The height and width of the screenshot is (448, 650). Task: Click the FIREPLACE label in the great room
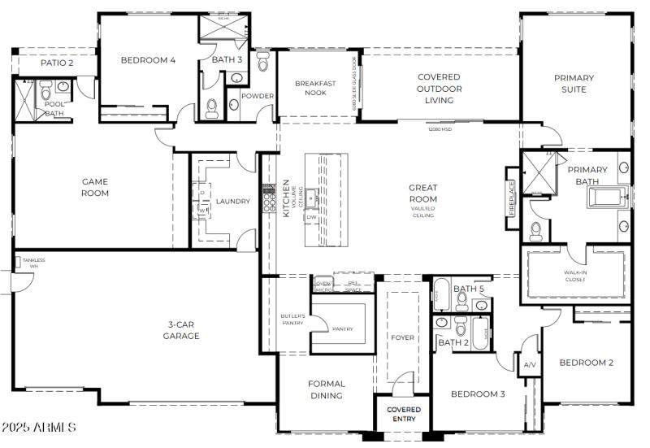pyautogui.click(x=512, y=198)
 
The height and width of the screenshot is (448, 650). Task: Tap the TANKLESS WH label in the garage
pyautogui.click(x=34, y=263)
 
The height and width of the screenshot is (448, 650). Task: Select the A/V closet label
pyautogui.click(x=530, y=365)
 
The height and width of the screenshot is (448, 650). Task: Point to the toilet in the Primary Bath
pyautogui.click(x=535, y=232)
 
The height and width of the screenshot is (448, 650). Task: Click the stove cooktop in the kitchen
pyautogui.click(x=268, y=198)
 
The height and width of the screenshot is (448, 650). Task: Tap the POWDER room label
pyautogui.click(x=258, y=96)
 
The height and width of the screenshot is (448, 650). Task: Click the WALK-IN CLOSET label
pyautogui.click(x=575, y=276)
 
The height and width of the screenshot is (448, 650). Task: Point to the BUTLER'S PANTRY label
pyautogui.click(x=292, y=319)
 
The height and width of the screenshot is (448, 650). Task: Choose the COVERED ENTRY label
pyautogui.click(x=403, y=414)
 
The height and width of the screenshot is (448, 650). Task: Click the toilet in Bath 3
pyautogui.click(x=212, y=107)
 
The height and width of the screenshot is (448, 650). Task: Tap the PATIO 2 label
pyautogui.click(x=57, y=63)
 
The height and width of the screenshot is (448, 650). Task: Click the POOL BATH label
pyautogui.click(x=54, y=109)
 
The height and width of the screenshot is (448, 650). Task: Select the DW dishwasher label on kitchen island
pyautogui.click(x=311, y=217)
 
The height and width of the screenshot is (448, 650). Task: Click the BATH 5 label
pyautogui.click(x=469, y=289)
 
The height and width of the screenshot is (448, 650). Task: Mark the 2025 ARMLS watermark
pyautogui.click(x=39, y=427)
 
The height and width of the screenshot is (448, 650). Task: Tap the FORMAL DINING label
pyautogui.click(x=326, y=389)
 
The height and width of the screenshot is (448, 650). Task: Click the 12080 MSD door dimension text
pyautogui.click(x=440, y=128)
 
